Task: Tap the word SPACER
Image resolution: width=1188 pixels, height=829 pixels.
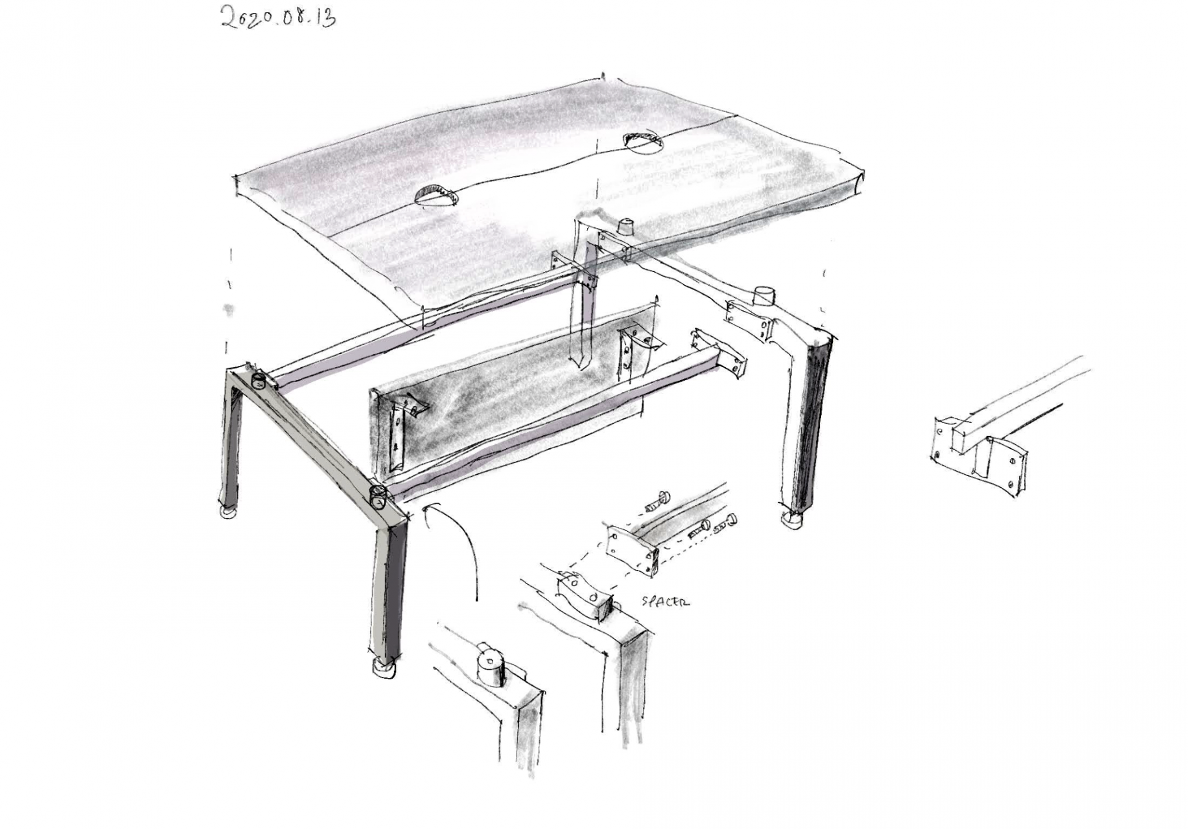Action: coord(665,601)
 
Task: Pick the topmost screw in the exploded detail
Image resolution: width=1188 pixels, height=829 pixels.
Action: coord(658,498)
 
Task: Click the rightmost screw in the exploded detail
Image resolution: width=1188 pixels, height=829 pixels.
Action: coord(728,524)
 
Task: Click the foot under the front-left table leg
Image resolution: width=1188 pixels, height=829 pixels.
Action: coord(385,668)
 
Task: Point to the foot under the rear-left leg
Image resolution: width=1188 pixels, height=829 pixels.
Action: coord(229,512)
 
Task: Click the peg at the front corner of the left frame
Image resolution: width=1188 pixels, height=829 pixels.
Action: coord(377,499)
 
